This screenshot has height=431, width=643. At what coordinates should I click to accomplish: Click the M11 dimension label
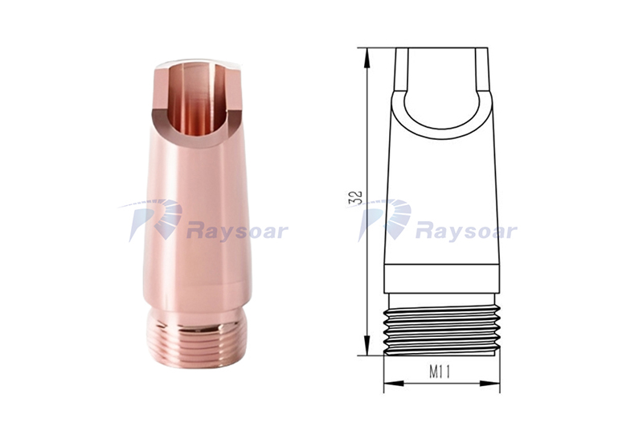click(x=440, y=372)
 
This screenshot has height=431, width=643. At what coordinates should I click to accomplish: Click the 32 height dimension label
click(x=355, y=198)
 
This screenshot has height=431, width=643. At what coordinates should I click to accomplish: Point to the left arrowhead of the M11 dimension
click(x=394, y=384)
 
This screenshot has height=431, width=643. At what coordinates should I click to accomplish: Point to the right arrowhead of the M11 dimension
click(x=490, y=384)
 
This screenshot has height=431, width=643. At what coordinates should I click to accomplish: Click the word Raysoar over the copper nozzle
click(x=237, y=232)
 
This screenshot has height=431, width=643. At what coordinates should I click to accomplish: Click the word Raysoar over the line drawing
click(x=466, y=232)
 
